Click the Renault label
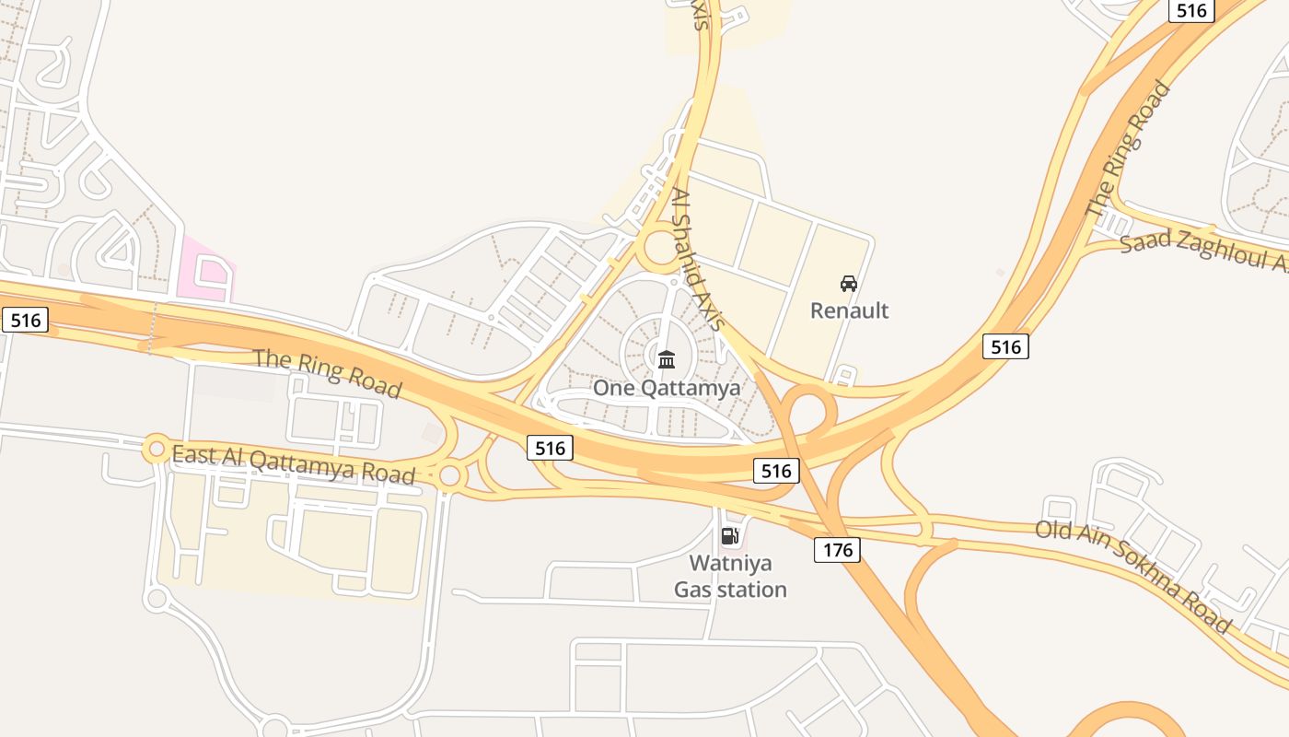[x=849, y=310]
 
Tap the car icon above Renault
[x=849, y=284]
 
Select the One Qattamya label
[x=666, y=388]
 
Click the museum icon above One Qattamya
[x=667, y=359]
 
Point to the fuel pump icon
[x=729, y=536]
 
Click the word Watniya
[x=731, y=563]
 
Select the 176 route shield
[x=837, y=551]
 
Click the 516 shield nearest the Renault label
[x=1005, y=346]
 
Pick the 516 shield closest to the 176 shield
[x=776, y=472]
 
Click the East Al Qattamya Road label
[x=294, y=463]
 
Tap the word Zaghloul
[x=1219, y=252]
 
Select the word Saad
[x=1145, y=240]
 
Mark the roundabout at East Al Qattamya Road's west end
[x=156, y=450]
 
